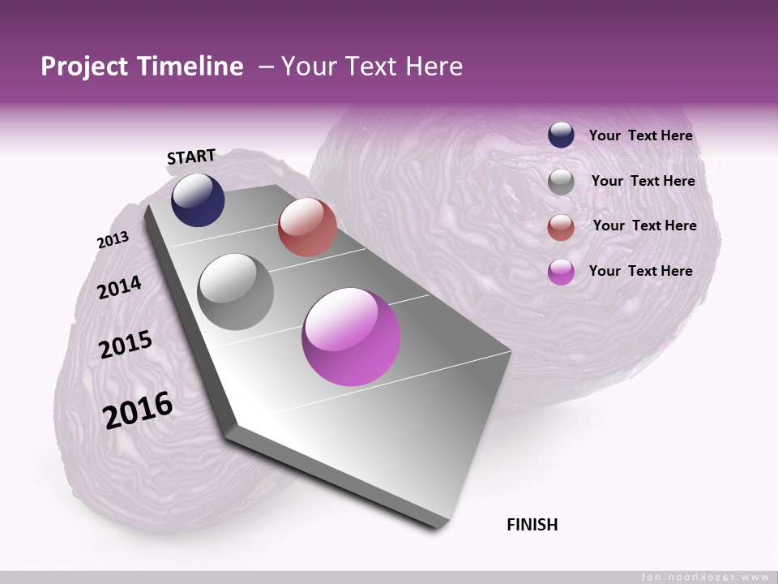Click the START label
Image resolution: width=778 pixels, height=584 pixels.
[x=191, y=157]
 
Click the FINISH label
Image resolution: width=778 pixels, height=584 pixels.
[x=532, y=525]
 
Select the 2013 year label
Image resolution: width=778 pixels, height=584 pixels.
[x=113, y=240]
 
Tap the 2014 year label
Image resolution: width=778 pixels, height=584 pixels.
[x=119, y=287]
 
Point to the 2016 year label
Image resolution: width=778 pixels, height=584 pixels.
[x=138, y=410]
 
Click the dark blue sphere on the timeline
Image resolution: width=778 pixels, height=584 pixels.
[x=198, y=200]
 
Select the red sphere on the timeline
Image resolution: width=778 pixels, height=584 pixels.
[x=307, y=227]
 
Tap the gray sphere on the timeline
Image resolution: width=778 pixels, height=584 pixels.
[x=236, y=291]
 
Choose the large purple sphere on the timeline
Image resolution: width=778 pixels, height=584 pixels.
[x=351, y=337]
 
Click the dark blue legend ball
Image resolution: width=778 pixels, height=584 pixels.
[x=561, y=135]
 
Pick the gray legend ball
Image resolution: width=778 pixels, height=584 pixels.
[x=561, y=181]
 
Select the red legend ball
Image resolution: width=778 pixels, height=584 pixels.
[x=561, y=226]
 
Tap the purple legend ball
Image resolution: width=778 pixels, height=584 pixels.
[x=561, y=272]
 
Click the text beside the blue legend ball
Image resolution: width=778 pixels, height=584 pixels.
[x=640, y=135]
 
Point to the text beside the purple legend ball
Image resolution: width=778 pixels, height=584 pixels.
[x=640, y=271]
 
